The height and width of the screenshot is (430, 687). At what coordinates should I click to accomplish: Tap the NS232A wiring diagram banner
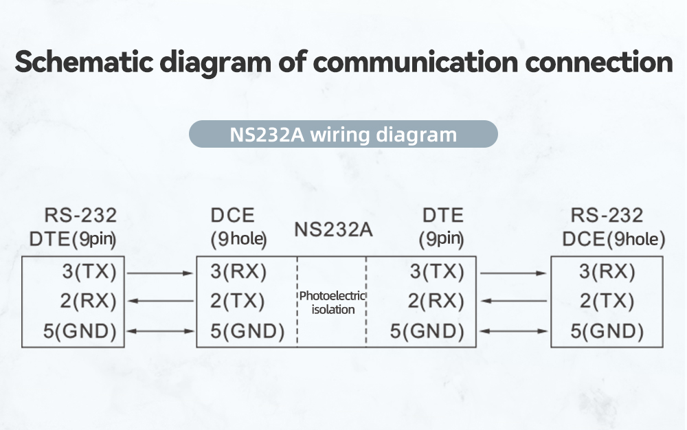coord(343,134)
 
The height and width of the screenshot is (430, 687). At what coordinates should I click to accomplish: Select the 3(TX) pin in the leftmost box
coord(89,272)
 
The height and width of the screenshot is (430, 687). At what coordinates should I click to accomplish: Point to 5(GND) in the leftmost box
coord(80,332)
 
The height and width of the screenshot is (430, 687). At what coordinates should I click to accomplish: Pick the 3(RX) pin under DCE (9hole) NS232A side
coord(238,272)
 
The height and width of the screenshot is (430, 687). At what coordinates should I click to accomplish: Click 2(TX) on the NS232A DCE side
coord(238,302)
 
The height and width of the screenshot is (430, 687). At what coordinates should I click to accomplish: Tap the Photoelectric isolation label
coord(333,303)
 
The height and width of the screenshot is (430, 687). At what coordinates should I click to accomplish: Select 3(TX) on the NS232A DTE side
coord(437,272)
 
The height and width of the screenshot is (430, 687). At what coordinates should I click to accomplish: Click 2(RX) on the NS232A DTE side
coord(437,302)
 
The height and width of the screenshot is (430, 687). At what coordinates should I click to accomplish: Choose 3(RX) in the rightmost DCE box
coord(607,272)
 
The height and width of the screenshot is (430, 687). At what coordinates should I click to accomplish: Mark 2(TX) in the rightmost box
coord(607,302)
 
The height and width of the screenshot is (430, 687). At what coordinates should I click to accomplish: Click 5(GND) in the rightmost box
coord(607,332)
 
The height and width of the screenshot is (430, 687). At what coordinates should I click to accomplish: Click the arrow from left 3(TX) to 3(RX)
coord(161,273)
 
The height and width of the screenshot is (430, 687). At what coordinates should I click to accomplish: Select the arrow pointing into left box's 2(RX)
coord(161,301)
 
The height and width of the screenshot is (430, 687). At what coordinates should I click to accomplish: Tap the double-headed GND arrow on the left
coord(161,332)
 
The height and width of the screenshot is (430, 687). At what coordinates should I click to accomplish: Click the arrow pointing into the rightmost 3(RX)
coord(513,273)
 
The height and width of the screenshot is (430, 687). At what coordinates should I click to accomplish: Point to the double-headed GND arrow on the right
coord(513,332)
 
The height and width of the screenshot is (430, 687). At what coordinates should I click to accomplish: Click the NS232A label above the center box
coord(333,229)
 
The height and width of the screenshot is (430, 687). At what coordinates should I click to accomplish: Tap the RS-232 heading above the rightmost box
coord(607,216)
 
